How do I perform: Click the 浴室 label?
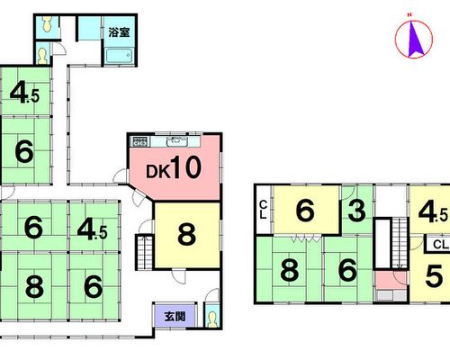tap(119, 32)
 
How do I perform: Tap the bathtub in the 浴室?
tap(120, 56)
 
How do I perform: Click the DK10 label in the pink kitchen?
tap(174, 167)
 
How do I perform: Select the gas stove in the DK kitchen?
tap(139, 141)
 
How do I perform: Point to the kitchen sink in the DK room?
tap(177, 141)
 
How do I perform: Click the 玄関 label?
tap(175, 317)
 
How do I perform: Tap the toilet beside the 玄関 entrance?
tap(212, 319)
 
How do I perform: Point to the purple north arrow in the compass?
tap(415, 39)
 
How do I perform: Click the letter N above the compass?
tap(409, 14)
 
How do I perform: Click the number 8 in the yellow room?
tap(186, 234)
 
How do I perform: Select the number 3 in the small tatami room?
tap(356, 211)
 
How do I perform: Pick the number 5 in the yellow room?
tap(434, 276)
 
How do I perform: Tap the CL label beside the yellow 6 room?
tap(263, 210)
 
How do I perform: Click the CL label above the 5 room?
tap(440, 245)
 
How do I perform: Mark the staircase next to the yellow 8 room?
tap(145, 252)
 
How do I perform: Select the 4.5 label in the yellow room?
tap(433, 212)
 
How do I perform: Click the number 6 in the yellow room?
tap(305, 211)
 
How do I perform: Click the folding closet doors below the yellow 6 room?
tap(306, 238)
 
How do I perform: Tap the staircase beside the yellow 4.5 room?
tap(400, 243)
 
